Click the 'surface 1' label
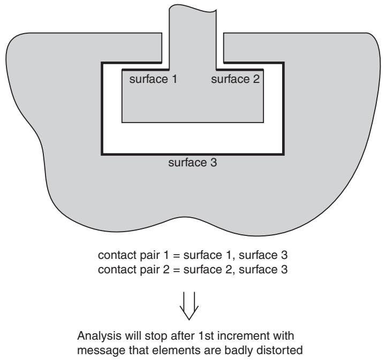pos(153,79)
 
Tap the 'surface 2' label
pos(236,79)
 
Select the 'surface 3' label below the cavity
pos(193,163)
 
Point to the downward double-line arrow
pos(189,305)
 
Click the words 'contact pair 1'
pos(133,255)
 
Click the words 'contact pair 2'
pos(134,270)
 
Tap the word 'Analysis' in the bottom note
pos(99,336)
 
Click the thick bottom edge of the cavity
pos(193,154)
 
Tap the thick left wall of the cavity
pos(102,109)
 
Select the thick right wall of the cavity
pos(283,109)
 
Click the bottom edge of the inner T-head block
pos(193,122)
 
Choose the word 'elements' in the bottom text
pos(173,350)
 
